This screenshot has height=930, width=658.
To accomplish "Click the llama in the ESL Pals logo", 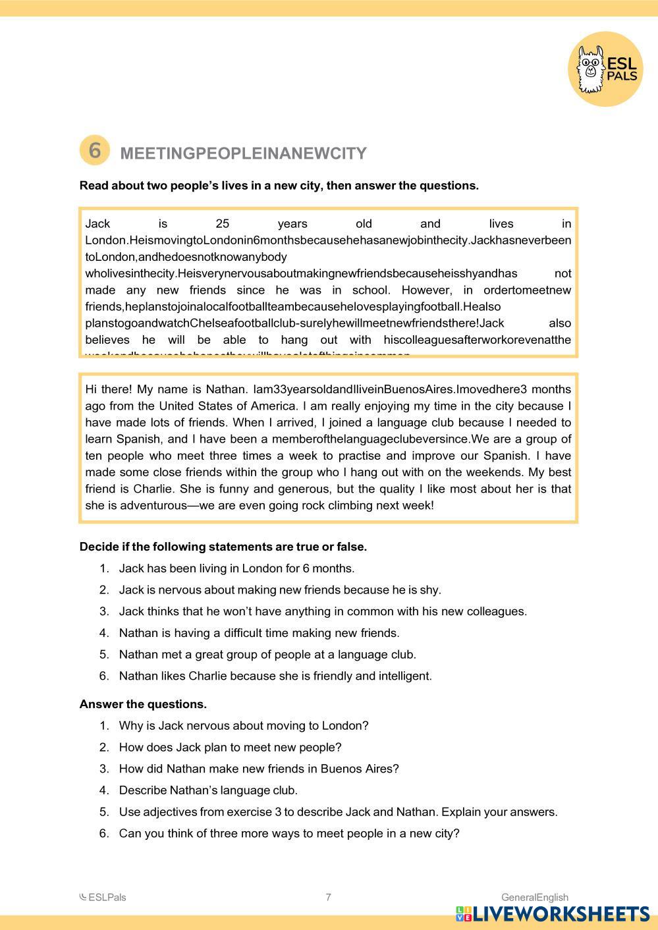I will (590, 68).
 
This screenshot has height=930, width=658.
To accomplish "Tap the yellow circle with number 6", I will (94, 150).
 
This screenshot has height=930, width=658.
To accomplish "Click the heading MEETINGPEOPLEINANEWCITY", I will (243, 153).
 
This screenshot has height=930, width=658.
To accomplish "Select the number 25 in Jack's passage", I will (222, 224).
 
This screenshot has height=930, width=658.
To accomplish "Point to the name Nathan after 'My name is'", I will (224, 389).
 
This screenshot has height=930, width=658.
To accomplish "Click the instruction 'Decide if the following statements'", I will (223, 547).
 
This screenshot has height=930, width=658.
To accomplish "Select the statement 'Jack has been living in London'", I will (236, 568).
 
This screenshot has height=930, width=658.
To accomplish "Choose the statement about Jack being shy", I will (280, 590).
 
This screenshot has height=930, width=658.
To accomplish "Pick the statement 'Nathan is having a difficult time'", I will (259, 633).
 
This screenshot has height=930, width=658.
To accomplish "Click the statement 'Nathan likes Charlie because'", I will (275, 676).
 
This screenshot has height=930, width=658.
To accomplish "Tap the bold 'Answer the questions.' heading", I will (143, 704).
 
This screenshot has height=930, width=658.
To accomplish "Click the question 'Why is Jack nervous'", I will (244, 726).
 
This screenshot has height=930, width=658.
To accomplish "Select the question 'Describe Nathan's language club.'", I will (208, 790).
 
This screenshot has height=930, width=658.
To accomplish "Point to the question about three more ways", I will (289, 833).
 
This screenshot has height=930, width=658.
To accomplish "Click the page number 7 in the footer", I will (329, 897).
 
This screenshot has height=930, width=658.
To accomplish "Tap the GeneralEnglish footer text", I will (534, 897).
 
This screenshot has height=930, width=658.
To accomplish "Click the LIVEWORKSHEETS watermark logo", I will (552, 914).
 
